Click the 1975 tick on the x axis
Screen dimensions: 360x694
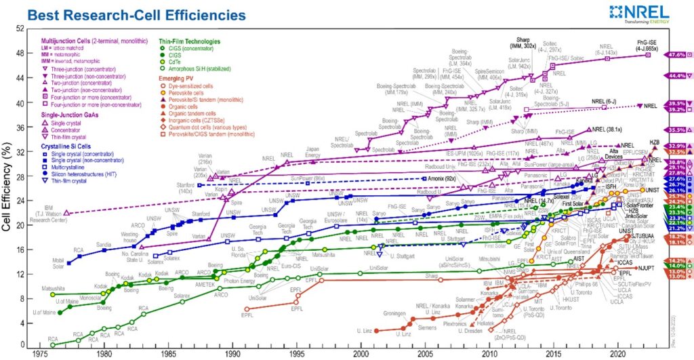click(x=39, y=353)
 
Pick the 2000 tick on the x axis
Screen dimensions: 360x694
click(x=361, y=353)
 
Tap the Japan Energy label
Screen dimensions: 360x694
click(x=321, y=152)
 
